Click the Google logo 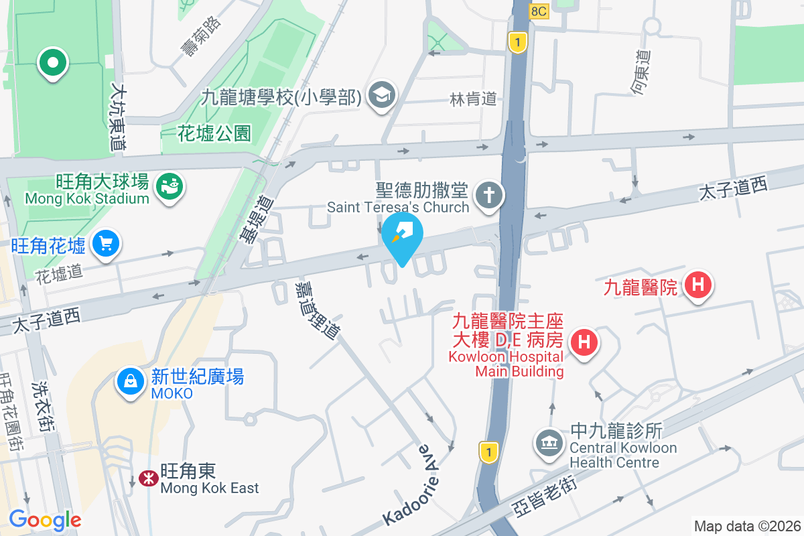coord(45,519)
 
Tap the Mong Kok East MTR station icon coord(147,478)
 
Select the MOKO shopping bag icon coord(130,381)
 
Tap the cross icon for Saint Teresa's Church coord(489,196)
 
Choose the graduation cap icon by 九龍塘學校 coord(382,94)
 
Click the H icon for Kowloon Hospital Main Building coord(584,342)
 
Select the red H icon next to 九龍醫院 coord(697,285)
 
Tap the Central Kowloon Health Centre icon coord(549,443)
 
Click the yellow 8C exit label coord(539,11)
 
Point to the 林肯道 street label coord(473,99)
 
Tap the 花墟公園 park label coord(214,133)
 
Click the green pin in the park coord(52,64)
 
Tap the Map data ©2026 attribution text coord(746,526)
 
